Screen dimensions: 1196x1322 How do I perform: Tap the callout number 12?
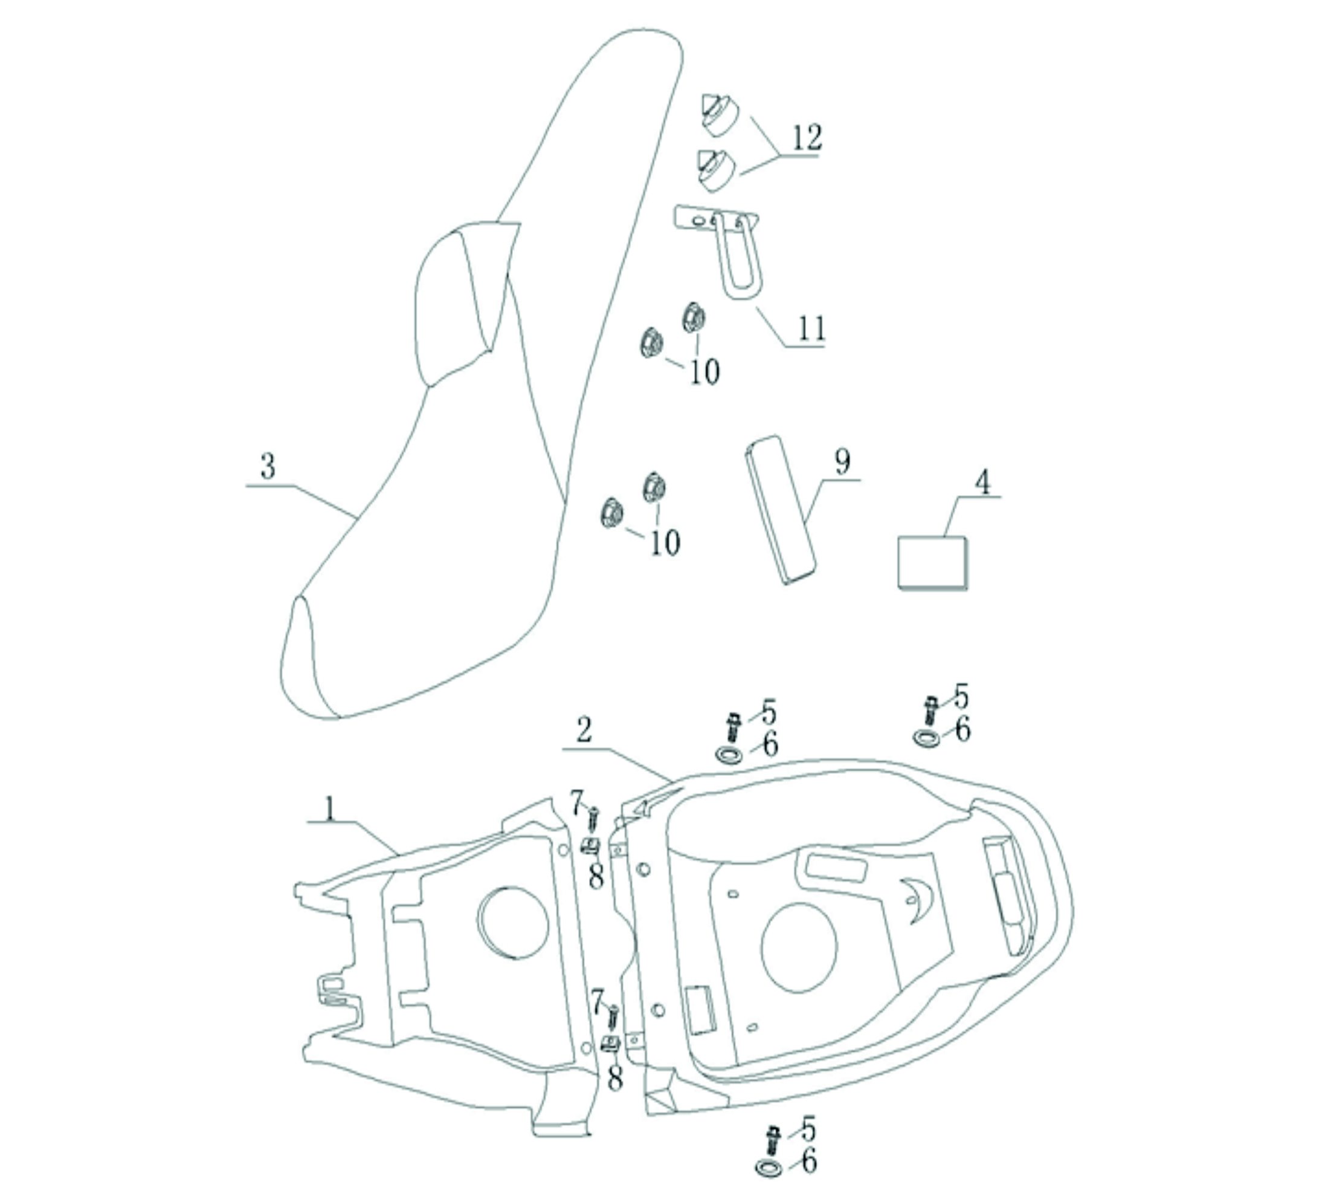tap(807, 137)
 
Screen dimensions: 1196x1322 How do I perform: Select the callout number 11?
tap(812, 328)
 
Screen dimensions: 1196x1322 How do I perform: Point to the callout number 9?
tap(843, 462)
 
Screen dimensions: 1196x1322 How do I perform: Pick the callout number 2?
tap(584, 731)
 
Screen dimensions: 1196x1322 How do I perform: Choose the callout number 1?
tap(330, 810)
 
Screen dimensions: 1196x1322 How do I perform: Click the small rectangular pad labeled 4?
tap(932, 562)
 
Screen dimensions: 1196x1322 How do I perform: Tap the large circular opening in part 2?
tap(799, 947)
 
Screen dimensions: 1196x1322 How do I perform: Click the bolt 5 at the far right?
tap(930, 710)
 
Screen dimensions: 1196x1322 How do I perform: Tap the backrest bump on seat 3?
tap(462, 302)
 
